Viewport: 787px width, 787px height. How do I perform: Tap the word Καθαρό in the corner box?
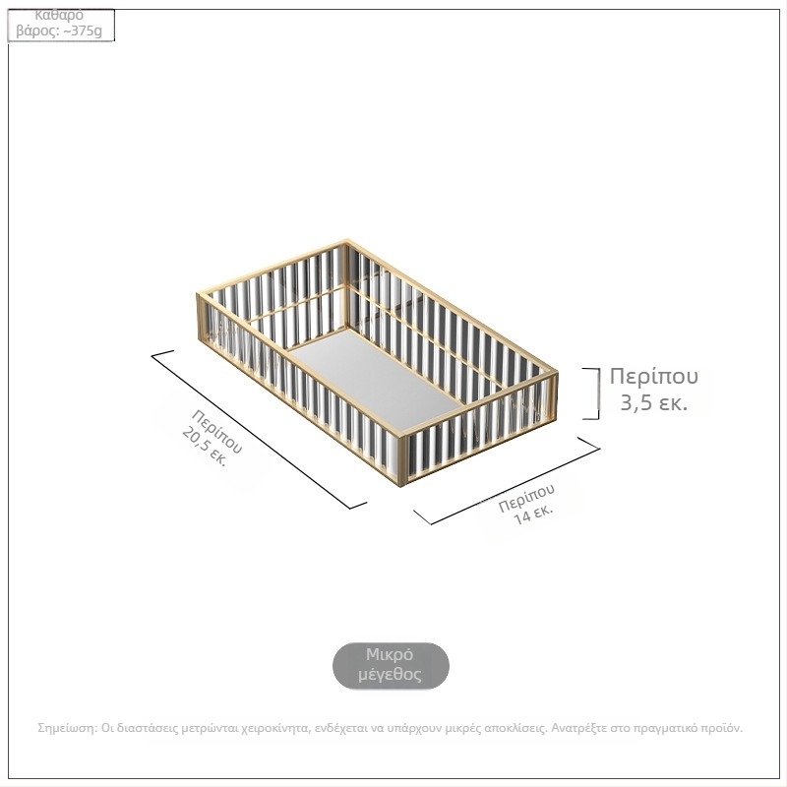[x=59, y=16]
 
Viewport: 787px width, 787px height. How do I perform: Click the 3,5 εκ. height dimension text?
[x=653, y=402]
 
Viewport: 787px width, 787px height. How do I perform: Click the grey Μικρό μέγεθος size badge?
[x=391, y=666]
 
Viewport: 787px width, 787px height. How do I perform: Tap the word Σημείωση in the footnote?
[x=67, y=728]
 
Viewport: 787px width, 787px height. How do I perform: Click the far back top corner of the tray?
[x=347, y=241]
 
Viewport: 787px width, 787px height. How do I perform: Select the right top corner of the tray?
[x=556, y=372]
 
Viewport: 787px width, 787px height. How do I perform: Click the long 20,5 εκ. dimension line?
[x=259, y=430]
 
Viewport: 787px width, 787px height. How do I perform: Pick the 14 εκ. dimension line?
[x=507, y=481]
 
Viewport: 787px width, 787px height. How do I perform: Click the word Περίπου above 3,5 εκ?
[x=653, y=376]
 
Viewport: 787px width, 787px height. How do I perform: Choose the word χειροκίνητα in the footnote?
[x=275, y=728]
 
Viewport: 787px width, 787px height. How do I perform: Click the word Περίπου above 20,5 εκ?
[x=216, y=432]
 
